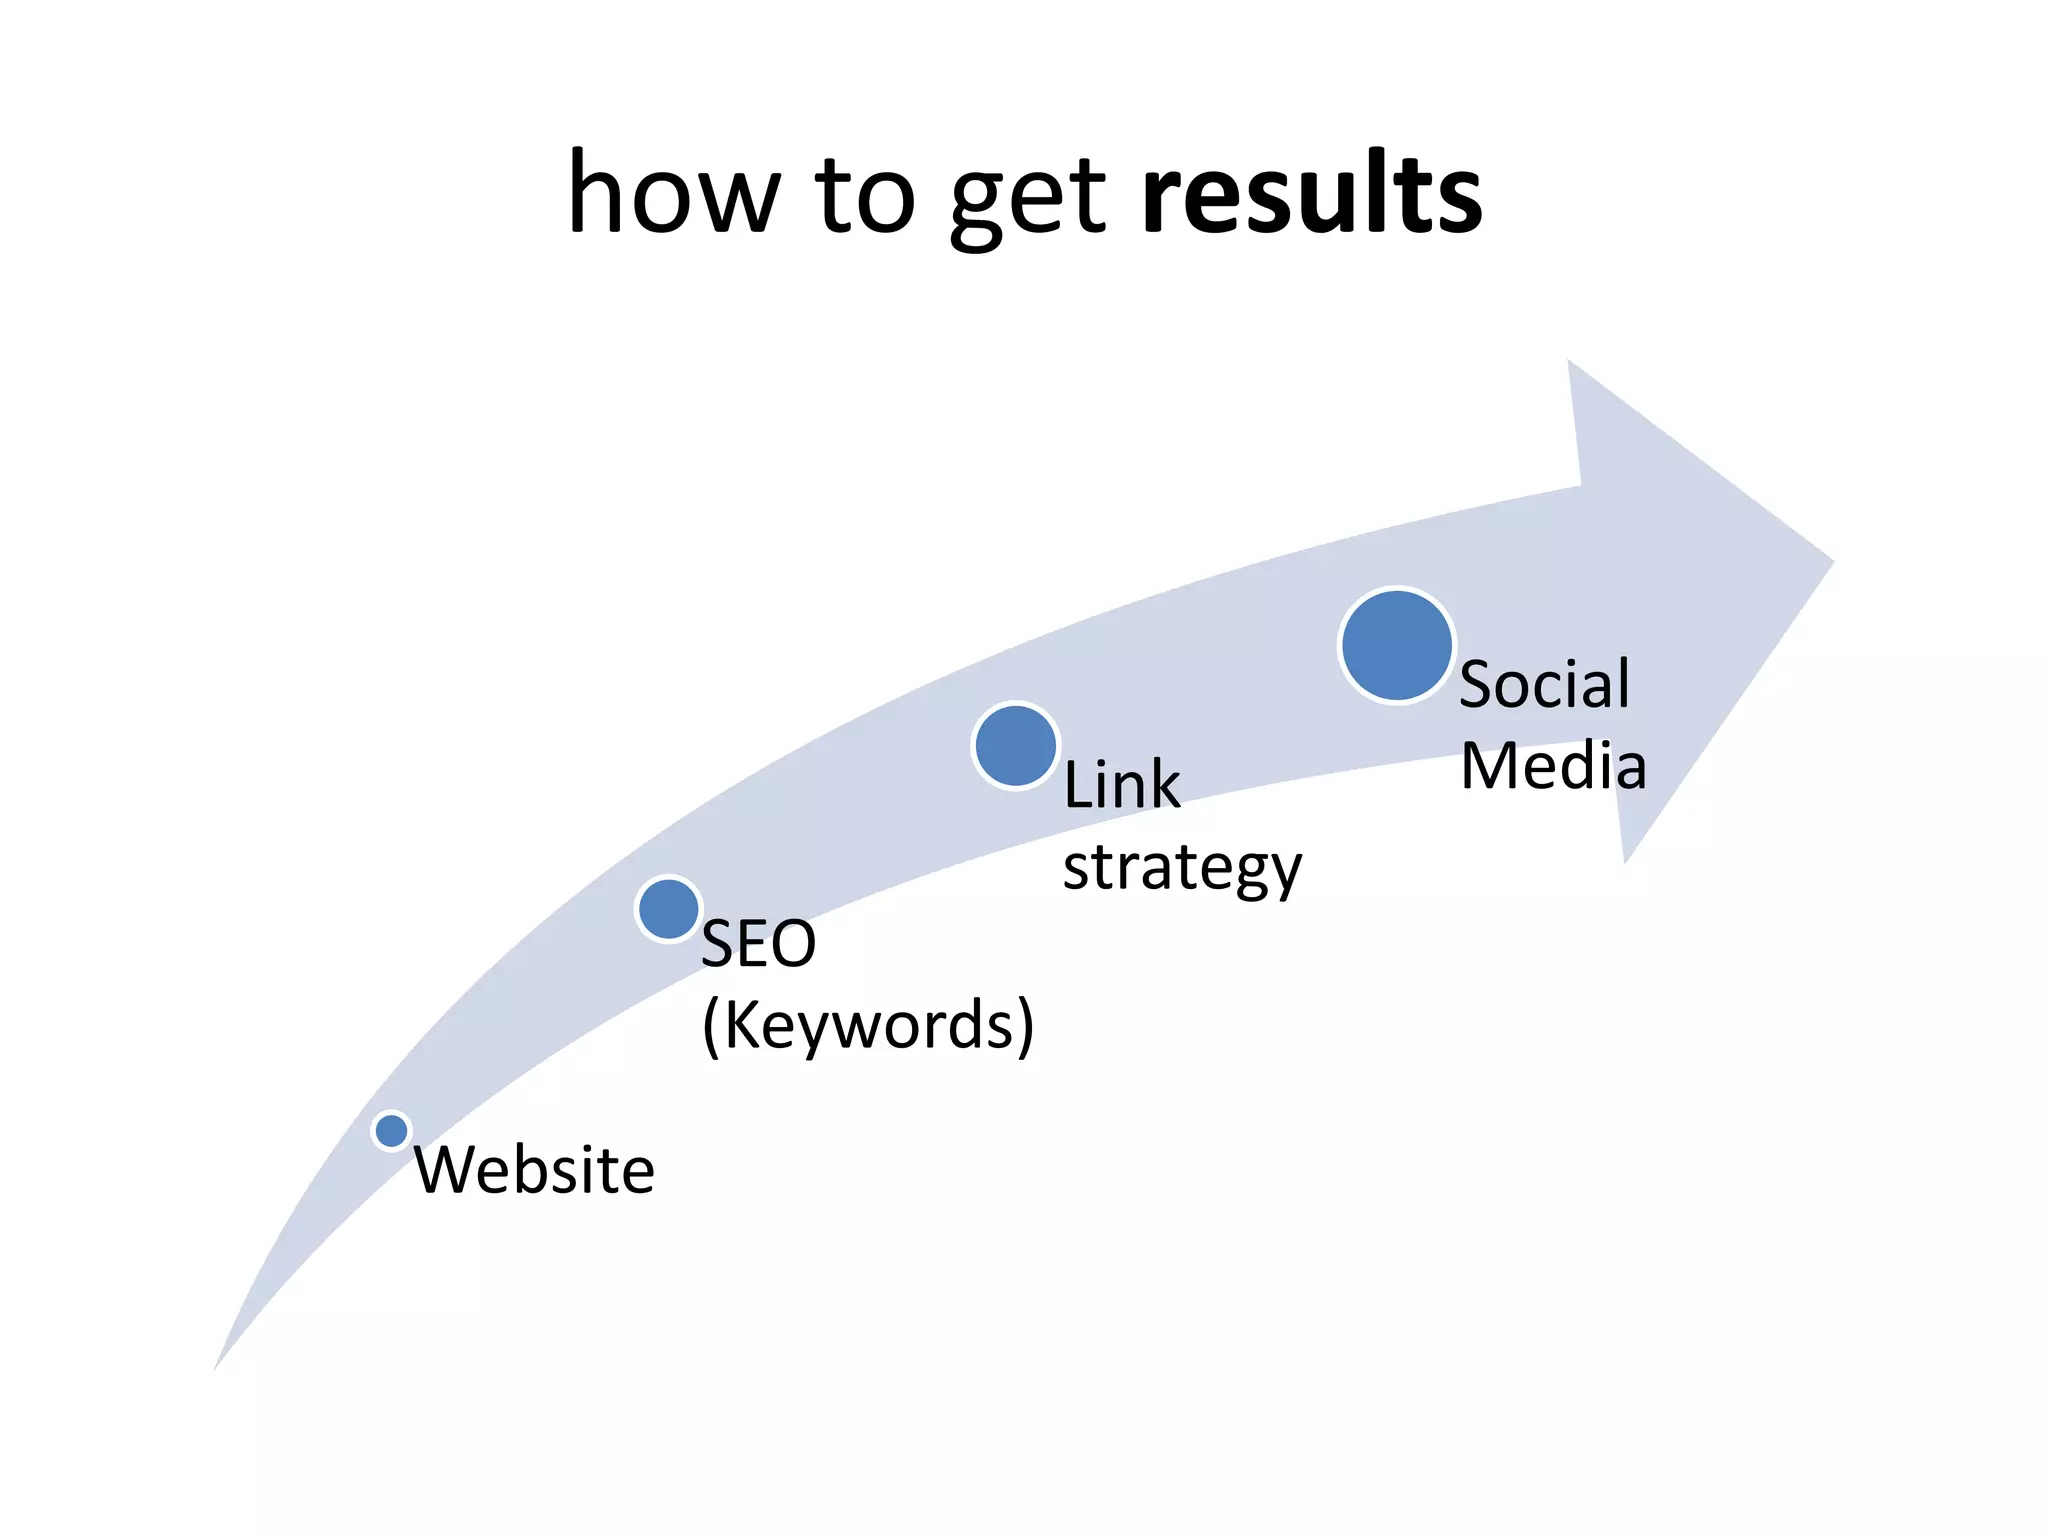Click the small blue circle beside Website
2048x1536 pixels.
[391, 1131]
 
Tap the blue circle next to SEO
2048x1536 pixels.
[668, 908]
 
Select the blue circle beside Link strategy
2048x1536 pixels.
[1015, 746]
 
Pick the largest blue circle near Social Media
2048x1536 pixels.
[1396, 646]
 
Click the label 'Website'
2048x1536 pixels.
[534, 1170]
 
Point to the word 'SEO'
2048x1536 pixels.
[758, 943]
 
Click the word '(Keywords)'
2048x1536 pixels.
[867, 1025]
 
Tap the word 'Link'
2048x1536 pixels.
[1121, 784]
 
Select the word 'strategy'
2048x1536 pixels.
[1182, 868]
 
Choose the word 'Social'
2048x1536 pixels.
[1544, 685]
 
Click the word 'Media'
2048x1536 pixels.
[1553, 767]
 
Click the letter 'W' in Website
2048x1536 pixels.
[443, 1170]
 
